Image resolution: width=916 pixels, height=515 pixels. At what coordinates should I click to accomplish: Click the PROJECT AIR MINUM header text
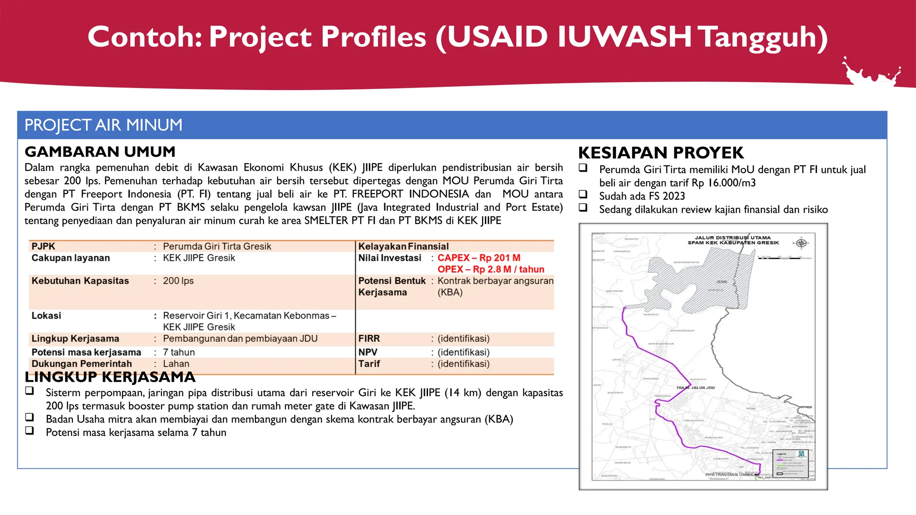103,125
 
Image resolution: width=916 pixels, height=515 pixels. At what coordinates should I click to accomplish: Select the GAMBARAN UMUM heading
100,152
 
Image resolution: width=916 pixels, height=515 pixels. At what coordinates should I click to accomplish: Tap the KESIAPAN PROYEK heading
661,153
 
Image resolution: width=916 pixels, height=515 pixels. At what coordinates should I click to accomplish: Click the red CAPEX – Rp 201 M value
479,258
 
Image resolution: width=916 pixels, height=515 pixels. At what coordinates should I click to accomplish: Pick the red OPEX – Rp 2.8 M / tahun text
491,270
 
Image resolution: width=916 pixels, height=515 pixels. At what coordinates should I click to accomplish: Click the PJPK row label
43,246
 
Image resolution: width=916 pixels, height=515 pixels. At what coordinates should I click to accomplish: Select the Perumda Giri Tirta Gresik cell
217,246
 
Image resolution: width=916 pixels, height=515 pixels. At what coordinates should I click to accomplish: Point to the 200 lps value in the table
178,281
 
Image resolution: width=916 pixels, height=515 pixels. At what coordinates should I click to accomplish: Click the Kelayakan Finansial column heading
403,246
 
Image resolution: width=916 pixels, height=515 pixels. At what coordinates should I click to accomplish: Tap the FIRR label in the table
369,338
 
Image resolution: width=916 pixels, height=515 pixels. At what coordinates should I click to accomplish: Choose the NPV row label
368,352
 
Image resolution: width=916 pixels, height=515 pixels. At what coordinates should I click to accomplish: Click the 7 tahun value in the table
178,352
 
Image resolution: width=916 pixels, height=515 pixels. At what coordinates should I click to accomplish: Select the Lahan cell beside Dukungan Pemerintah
176,364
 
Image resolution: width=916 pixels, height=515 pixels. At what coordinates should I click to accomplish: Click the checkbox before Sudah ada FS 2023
583,194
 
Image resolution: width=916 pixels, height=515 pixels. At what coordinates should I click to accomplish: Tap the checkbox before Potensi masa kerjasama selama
30,431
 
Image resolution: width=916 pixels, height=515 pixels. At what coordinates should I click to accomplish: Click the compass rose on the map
801,243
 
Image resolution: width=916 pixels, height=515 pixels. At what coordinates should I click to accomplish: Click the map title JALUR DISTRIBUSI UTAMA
733,238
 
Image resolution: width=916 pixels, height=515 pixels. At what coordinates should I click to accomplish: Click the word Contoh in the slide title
144,37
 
